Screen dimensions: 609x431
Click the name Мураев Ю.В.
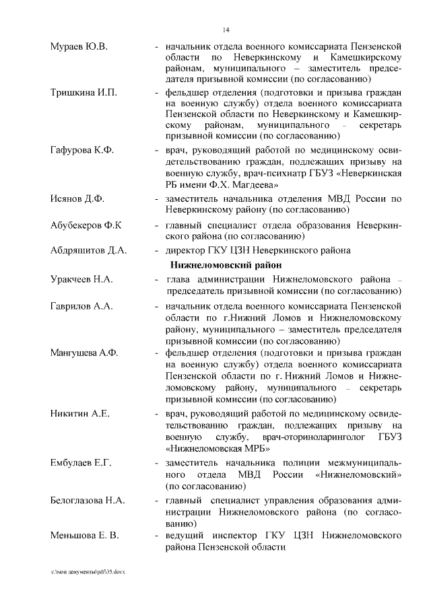click(x=79, y=46)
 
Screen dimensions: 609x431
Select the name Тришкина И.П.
click(x=84, y=92)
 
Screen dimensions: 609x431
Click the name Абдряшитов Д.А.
click(x=88, y=250)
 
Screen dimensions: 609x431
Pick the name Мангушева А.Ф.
click(x=84, y=353)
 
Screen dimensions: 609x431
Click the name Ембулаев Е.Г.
click(x=81, y=464)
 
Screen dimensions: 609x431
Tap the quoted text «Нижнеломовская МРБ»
click(x=216, y=450)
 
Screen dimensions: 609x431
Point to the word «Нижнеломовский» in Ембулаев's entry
click(x=358, y=476)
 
